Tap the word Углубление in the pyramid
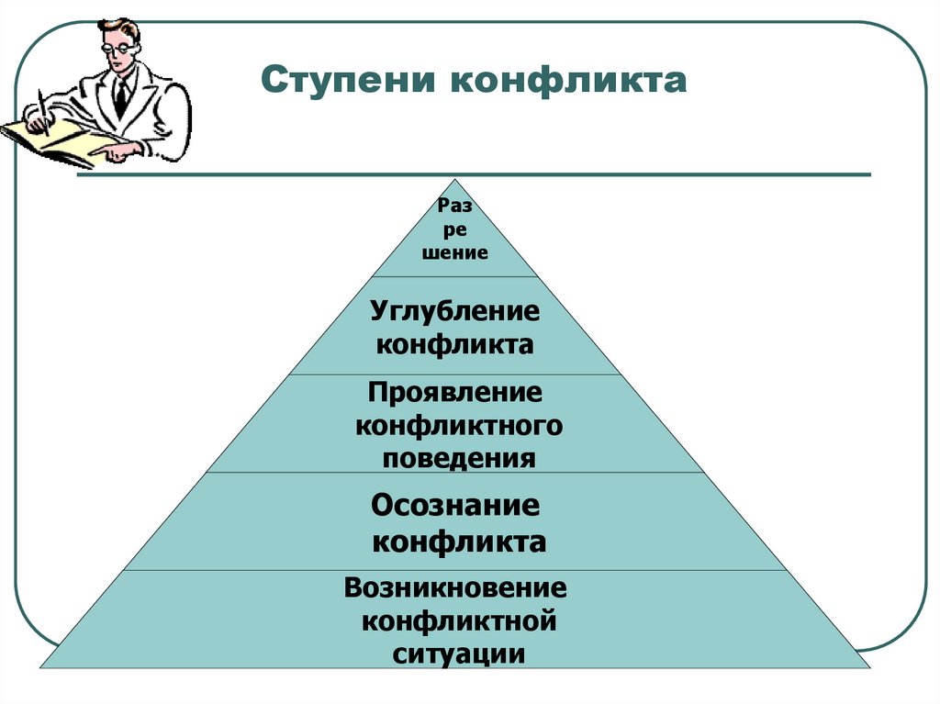tap(455, 310)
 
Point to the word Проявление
tap(455, 393)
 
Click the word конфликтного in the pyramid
tap(458, 426)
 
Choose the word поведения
tap(458, 458)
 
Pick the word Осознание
tap(455, 506)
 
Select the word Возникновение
tap(455, 587)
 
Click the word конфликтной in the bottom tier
tap(458, 621)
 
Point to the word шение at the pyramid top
tap(455, 253)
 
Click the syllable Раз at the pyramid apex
tap(455, 208)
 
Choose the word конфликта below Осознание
tap(458, 542)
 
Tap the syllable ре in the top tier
tap(455, 231)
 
